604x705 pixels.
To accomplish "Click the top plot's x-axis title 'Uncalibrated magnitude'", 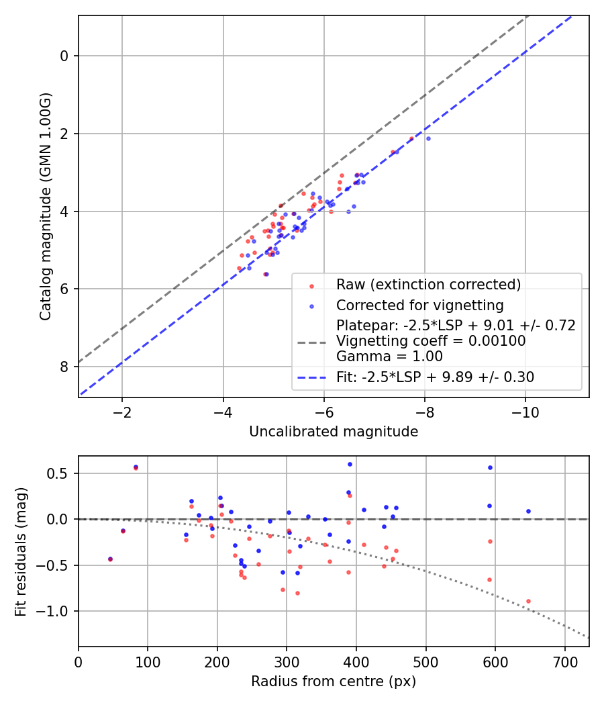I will click(334, 432).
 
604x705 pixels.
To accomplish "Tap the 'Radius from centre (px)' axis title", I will click(334, 681).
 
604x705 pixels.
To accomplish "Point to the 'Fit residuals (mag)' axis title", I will click(21, 551).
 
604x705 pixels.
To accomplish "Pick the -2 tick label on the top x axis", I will click(122, 412).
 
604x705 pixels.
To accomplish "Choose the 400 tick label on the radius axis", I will click(356, 662).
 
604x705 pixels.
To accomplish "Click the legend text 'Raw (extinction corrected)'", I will click(428, 285).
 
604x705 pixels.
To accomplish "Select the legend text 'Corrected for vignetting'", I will click(420, 305).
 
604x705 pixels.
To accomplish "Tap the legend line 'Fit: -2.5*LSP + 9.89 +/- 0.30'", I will click(435, 377).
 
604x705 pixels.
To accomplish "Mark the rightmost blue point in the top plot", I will click(428, 138).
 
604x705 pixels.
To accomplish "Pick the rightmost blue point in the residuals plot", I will click(528, 511).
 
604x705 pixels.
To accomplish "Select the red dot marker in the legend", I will click(311, 285).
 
